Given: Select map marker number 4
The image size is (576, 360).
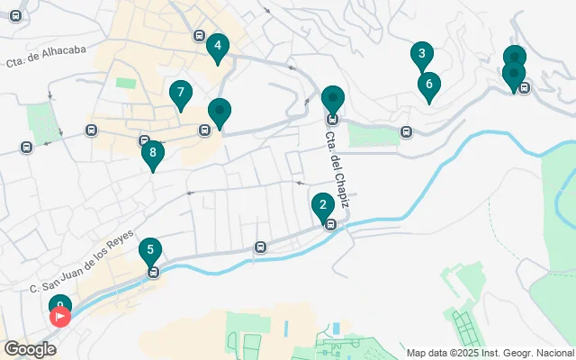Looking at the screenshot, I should click(216, 45).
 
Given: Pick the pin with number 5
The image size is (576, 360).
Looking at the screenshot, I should click(150, 250).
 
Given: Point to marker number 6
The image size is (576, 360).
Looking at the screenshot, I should click(428, 85).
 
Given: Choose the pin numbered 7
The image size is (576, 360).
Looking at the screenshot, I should click(181, 93).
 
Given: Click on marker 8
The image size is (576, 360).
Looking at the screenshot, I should click(153, 153).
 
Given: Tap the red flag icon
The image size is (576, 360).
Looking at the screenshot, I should click(61, 316).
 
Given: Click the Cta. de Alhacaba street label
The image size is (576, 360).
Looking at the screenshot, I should click(46, 57).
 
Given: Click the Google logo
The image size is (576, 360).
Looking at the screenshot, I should click(30, 349).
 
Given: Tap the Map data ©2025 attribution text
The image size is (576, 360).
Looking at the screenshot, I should click(490, 352).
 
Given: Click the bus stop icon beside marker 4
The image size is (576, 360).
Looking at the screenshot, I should click(198, 35).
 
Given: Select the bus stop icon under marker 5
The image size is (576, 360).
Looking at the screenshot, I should click(154, 272).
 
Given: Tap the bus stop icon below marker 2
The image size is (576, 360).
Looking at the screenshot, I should click(330, 225).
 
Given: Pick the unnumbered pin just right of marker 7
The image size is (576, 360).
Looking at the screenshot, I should click(219, 112).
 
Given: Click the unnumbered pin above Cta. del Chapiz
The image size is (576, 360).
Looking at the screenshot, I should click(333, 97).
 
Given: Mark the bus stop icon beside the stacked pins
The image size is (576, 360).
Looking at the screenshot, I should click(525, 87).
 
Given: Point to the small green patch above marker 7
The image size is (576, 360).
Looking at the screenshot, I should click(125, 83).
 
